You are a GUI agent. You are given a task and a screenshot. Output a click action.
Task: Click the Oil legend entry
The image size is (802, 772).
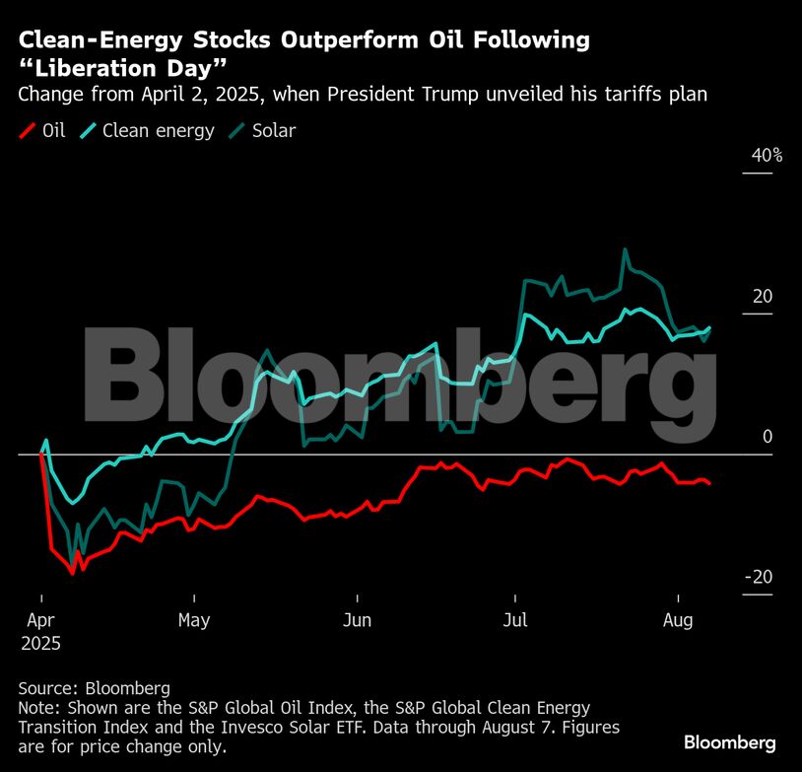pos(42,130)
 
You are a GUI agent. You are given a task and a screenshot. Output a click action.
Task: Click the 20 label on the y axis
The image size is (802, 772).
pos(764,297)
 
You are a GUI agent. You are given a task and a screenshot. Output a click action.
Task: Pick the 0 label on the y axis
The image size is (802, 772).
pos(768,437)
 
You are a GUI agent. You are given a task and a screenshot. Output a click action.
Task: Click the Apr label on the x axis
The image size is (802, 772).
pos(40,621)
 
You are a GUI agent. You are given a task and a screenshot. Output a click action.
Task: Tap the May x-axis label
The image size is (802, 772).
pos(194,621)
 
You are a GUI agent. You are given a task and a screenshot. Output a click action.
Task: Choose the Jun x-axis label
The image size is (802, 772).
pos(358,621)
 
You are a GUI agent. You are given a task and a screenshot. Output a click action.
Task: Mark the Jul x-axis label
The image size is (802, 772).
pos(515,621)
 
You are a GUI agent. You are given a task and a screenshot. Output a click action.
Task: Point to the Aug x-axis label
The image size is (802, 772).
pos(678,621)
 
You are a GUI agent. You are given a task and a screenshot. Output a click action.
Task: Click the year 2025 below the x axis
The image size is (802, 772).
pos(40,643)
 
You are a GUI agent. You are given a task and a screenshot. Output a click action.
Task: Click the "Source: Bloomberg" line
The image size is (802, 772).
pos(95,688)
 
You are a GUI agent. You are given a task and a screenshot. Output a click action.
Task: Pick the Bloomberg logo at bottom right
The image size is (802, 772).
pos(730,742)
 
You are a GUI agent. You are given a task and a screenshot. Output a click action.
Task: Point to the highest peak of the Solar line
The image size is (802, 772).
pos(625,249)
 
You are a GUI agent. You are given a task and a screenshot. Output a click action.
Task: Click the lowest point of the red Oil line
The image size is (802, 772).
pos(71,572)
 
